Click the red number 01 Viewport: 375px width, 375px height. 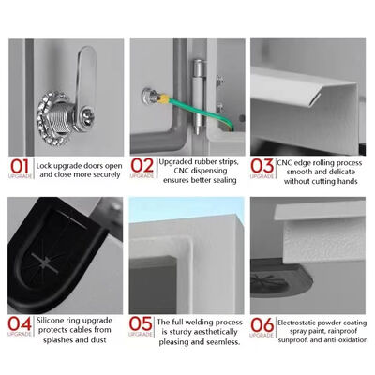[x=20, y=166]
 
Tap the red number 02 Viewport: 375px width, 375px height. [x=142, y=165]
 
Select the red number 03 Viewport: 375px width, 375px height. [x=262, y=166]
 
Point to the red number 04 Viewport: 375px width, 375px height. [x=20, y=323]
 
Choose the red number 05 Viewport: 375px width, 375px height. [x=141, y=323]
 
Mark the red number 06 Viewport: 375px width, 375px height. [x=262, y=325]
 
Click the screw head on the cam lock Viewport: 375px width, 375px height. [x=87, y=114]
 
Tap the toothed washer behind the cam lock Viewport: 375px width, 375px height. [x=53, y=118]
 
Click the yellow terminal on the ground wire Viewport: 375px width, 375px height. [x=164, y=99]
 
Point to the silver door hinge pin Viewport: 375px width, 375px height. [x=198, y=97]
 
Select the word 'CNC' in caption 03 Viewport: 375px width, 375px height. [x=285, y=163]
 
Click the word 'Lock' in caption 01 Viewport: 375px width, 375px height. [x=43, y=166]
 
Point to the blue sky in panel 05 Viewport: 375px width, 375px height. [x=187, y=207]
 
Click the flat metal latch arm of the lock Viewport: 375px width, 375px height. [x=86, y=77]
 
